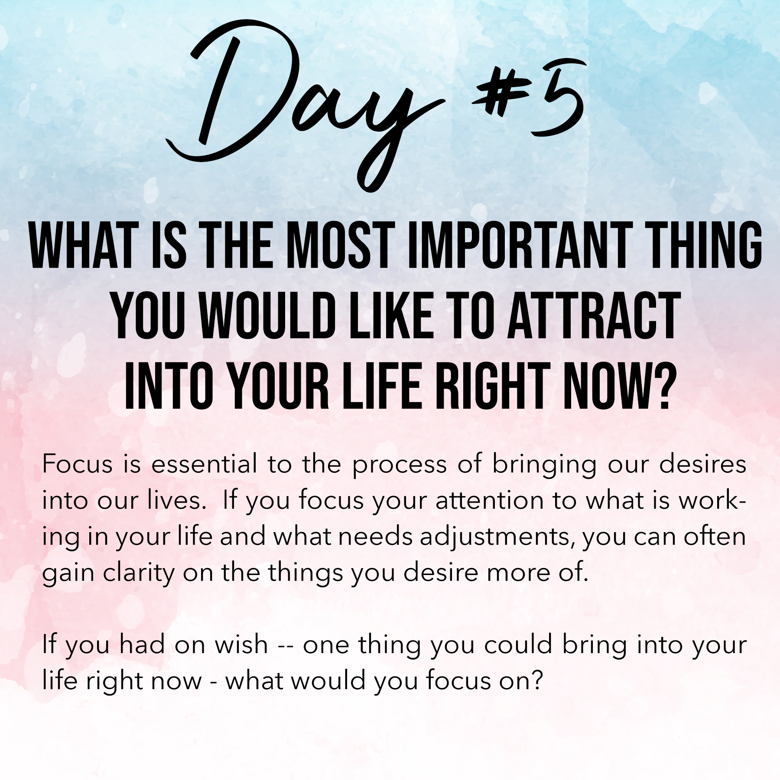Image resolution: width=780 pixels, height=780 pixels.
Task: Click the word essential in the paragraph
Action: pos(204,465)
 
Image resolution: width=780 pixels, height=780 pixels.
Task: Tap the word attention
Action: pos(490,501)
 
